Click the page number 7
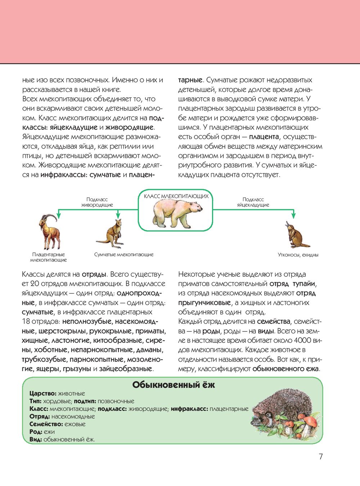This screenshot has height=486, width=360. click(x=321, y=456)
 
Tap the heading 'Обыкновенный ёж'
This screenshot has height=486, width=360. click(x=174, y=385)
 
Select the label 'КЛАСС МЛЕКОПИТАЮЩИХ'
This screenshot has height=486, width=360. click(x=176, y=196)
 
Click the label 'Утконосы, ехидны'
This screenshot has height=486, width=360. click(x=298, y=255)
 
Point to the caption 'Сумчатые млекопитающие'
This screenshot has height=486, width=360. click(x=124, y=254)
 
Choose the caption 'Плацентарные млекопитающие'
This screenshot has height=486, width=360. click(x=49, y=257)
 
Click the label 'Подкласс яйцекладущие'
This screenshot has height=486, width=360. click(x=253, y=202)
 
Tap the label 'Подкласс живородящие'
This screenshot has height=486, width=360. click(x=97, y=202)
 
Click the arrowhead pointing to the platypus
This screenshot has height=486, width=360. click(x=293, y=215)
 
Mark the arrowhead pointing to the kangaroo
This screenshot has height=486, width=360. click(x=118, y=215)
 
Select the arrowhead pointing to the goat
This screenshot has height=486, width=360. click(x=59, y=215)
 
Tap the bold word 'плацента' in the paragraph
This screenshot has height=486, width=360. click(x=264, y=137)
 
